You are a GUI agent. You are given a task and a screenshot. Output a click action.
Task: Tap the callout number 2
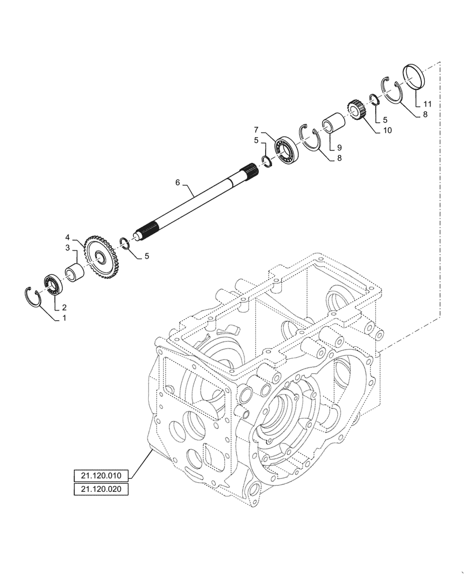(x=64, y=307)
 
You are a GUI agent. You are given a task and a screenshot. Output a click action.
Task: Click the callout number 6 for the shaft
(x=178, y=182)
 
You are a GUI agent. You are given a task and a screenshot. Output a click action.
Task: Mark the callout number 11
(x=427, y=104)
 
